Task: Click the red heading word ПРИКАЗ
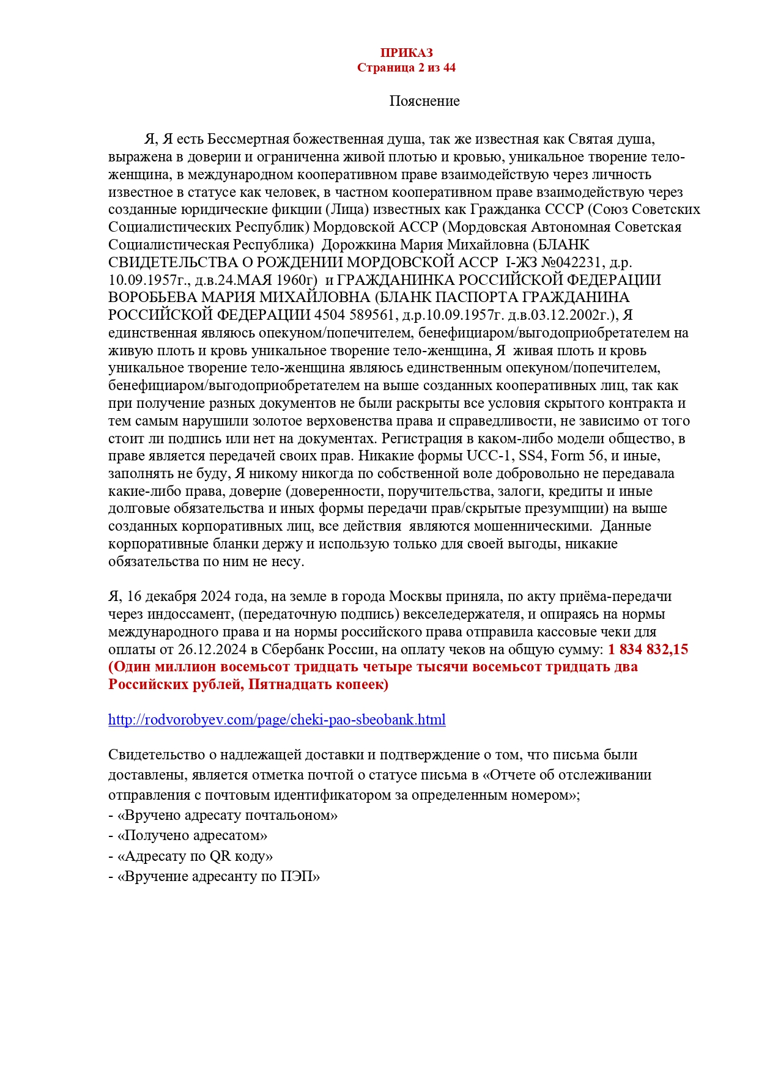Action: click(x=406, y=53)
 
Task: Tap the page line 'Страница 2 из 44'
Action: click(x=406, y=67)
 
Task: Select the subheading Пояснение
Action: click(x=424, y=101)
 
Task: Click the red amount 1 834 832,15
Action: click(x=648, y=649)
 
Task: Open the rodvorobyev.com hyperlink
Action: click(x=276, y=720)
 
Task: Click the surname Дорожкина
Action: click(x=358, y=245)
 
